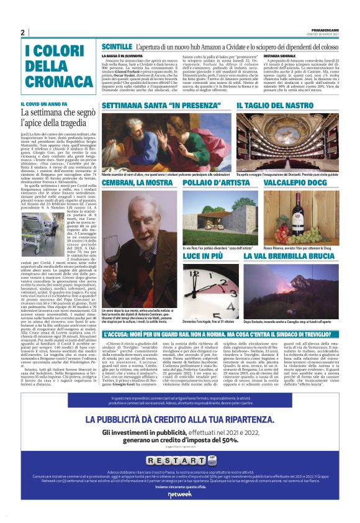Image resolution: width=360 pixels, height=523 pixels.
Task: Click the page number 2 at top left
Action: pyautogui.click(x=23, y=32)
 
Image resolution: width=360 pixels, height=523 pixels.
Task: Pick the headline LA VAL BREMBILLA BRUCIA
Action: pyautogui.click(x=289, y=256)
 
